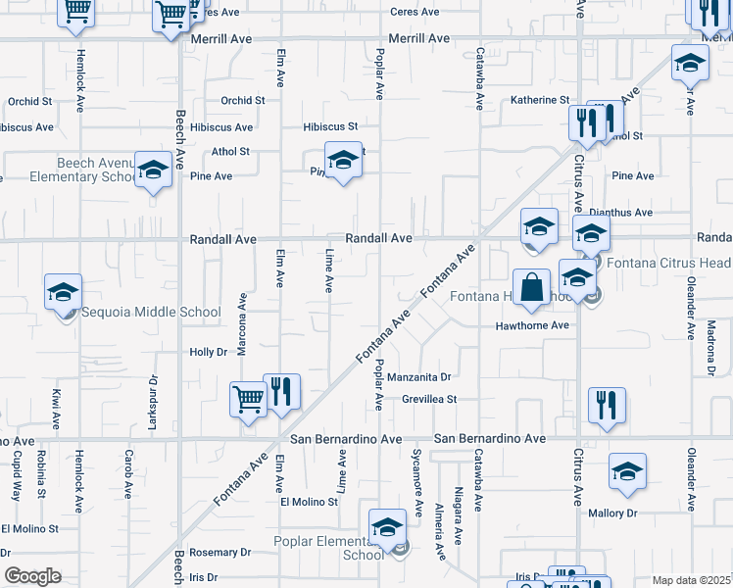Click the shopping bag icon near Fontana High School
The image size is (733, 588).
tap(530, 288)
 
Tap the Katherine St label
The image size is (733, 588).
tap(540, 100)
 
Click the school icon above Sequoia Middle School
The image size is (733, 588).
tap(63, 293)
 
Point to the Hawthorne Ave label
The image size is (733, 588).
tap(532, 325)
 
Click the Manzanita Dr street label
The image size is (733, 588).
tap(418, 376)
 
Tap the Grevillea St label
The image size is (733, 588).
tap(430, 399)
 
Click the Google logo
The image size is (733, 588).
tap(32, 576)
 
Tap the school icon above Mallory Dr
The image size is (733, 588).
tap(627, 472)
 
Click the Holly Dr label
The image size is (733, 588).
tap(208, 352)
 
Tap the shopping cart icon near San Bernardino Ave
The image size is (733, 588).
tap(248, 399)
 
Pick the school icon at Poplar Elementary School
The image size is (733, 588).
tap(387, 528)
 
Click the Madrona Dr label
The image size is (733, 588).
tap(709, 353)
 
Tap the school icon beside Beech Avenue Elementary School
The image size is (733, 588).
tap(153, 170)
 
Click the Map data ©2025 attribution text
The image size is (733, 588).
tap(692, 580)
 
